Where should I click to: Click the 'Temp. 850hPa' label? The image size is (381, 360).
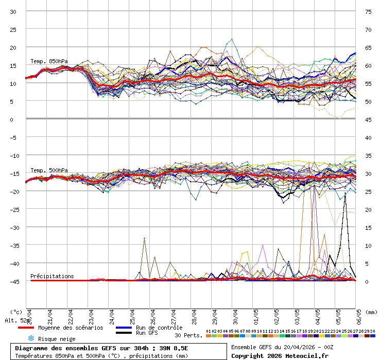pyautogui.click(x=49, y=62)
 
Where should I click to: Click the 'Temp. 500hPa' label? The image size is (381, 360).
pyautogui.click(x=49, y=170)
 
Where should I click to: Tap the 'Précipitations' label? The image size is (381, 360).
pyautogui.click(x=52, y=276)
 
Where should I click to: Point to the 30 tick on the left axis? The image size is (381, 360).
pyautogui.click(x=13, y=12)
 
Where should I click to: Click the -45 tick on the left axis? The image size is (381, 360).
pyautogui.click(x=13, y=281)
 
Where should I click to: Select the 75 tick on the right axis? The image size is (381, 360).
pyautogui.click(x=368, y=12)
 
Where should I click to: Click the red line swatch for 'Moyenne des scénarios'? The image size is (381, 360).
pyautogui.click(x=25, y=328)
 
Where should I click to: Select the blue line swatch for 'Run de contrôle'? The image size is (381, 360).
pyautogui.click(x=124, y=328)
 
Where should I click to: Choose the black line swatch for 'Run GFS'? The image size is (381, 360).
pyautogui.click(x=124, y=333)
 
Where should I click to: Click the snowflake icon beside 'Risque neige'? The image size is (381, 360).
pyautogui.click(x=31, y=338)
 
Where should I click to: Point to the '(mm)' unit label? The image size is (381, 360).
pyautogui.click(x=371, y=312)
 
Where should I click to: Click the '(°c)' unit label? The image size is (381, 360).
pyautogui.click(x=16, y=312)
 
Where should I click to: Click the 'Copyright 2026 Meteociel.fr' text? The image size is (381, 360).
pyautogui.click(x=280, y=355)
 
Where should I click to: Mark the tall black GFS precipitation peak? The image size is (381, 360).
pyautogui.click(x=345, y=194)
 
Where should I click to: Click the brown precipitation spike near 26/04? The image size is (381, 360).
pyautogui.click(x=145, y=238)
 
